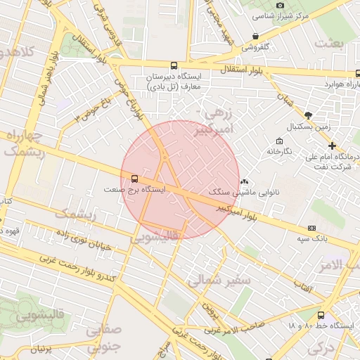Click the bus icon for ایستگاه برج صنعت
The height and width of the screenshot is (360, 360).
pyautogui.click(x=134, y=179)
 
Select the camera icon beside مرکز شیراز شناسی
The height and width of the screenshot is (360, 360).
pyautogui.click(x=281, y=6)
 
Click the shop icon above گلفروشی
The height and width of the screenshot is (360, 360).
pyautogui.click(x=255, y=36)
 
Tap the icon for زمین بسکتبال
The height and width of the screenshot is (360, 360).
pyautogui.click(x=308, y=115)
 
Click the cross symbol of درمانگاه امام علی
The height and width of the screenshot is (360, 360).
pyautogui.click(x=332, y=145)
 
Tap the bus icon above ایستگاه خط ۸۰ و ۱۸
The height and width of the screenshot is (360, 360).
pyautogui.click(x=321, y=316)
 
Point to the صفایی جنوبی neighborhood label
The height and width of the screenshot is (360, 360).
pyautogui.click(x=103, y=337)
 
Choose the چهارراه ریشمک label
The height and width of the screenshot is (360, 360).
pyautogui.click(x=24, y=143)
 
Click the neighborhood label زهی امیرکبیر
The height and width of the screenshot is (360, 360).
pyautogui.click(x=214, y=121)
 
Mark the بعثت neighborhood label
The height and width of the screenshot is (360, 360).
pyautogui.click(x=330, y=44)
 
